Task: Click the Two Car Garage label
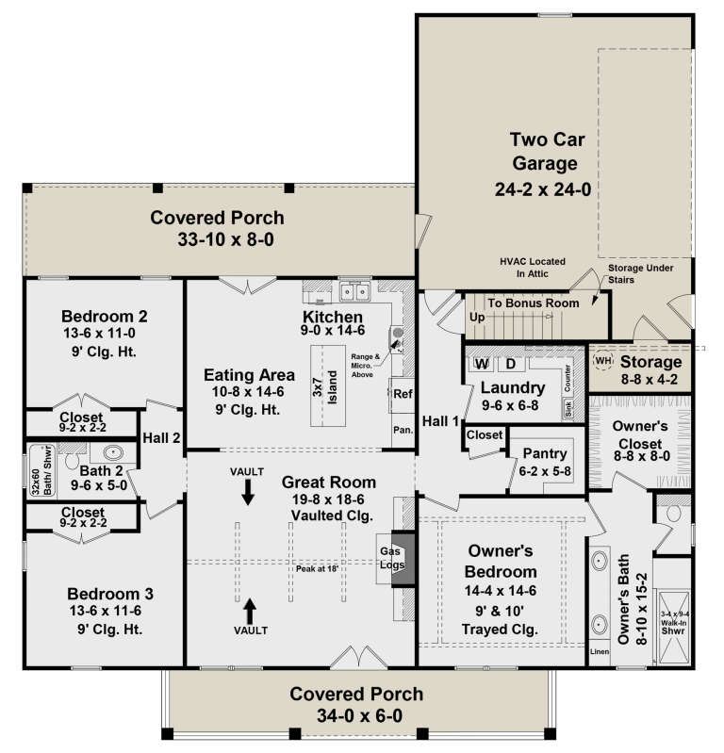click(548, 152)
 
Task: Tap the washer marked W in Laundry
click(481, 364)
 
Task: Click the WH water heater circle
click(603, 361)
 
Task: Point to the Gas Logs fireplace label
click(392, 558)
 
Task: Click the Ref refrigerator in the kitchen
click(402, 394)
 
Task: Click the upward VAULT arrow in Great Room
click(251, 608)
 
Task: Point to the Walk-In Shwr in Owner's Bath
click(672, 600)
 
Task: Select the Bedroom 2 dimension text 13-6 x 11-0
click(105, 333)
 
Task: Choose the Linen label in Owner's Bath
click(600, 651)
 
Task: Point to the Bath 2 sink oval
click(111, 452)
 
